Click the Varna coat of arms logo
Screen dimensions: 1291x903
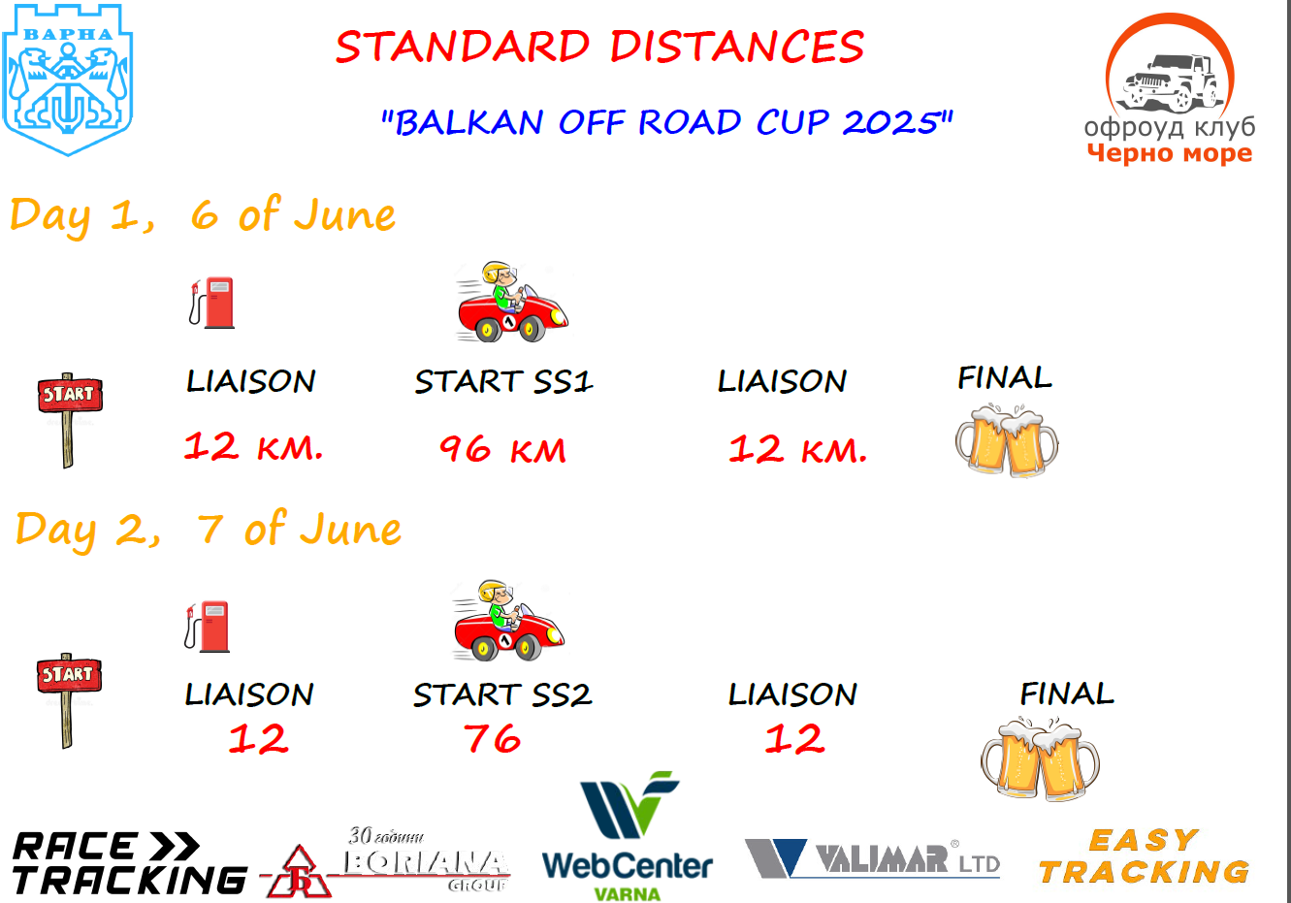(x=68, y=80)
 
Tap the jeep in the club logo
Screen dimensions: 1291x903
(x=1170, y=82)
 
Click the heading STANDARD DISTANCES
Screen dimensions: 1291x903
(x=599, y=47)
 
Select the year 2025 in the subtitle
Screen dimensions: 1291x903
(x=891, y=122)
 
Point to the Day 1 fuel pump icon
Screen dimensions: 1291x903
(x=212, y=304)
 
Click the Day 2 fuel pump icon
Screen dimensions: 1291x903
(x=207, y=627)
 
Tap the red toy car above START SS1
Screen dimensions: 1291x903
(x=512, y=302)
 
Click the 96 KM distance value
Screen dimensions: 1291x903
(x=502, y=450)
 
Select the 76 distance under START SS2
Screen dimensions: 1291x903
(x=492, y=738)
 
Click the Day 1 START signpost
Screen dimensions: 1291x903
(x=70, y=420)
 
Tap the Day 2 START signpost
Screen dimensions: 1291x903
(x=69, y=700)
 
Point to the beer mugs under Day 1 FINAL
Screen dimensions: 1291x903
(x=1007, y=441)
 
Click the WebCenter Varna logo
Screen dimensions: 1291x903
(x=628, y=836)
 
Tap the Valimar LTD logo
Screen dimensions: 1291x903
(x=872, y=858)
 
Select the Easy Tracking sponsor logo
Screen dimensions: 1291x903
(x=1144, y=856)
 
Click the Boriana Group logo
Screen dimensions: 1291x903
(x=386, y=862)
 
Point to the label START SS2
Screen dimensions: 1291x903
(x=502, y=694)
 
